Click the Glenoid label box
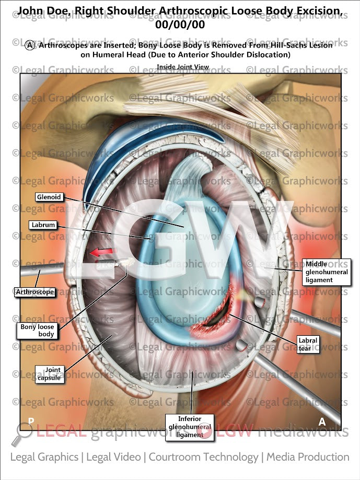pos(49,197)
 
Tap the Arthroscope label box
pos(35,292)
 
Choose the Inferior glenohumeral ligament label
pos(190,427)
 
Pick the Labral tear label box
pos(307,345)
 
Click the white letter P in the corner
pos(31,420)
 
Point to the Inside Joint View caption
pos(183,67)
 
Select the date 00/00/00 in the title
pos(179,24)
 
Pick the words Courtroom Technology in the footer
pos(203,457)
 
